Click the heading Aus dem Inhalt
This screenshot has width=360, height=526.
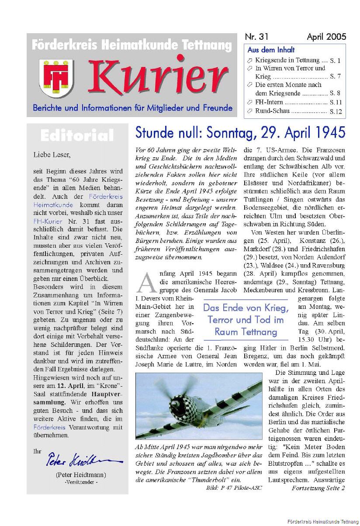tap(271, 50)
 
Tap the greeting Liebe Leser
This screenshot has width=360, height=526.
tap(51, 154)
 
